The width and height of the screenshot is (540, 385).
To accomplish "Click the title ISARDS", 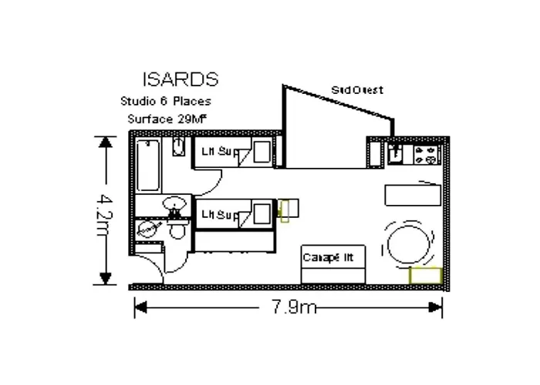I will coord(180,79).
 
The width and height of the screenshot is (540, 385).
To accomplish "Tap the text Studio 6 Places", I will coord(165,101).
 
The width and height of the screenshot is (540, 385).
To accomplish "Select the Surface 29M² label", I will coord(166,119).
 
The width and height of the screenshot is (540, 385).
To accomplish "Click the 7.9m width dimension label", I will coord(294,308).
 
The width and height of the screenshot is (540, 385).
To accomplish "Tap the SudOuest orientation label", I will coord(356,90).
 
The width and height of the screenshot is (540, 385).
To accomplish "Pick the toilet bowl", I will coord(176,232).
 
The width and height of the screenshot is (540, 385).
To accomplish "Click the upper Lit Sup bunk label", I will coord(215,152).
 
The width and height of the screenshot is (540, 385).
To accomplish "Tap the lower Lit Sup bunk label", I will coord(215,213).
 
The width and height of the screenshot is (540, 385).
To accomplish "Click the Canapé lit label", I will coord(332,256).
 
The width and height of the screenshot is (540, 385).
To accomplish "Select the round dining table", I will coord(409,244).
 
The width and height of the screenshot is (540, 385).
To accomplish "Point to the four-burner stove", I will coord(425,153).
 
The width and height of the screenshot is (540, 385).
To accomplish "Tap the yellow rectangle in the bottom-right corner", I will coord(425,274).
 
